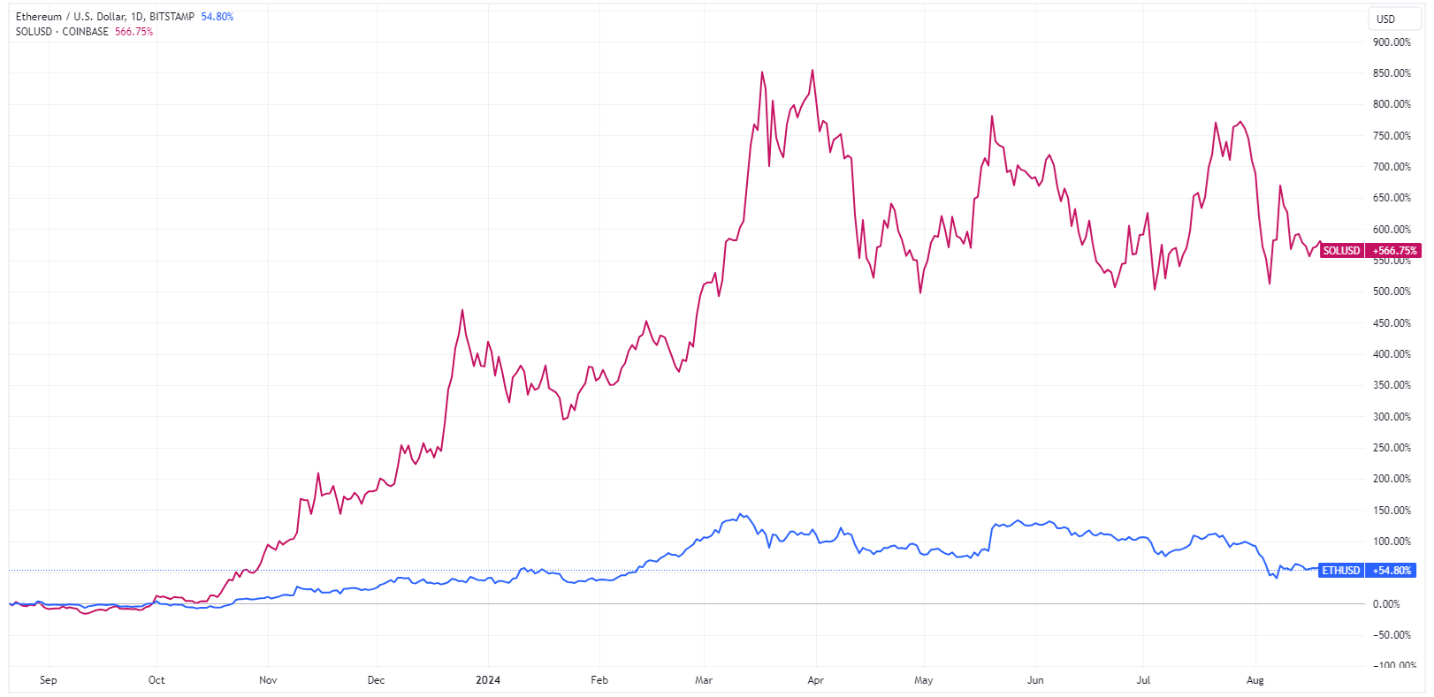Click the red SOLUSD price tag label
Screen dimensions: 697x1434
1341,251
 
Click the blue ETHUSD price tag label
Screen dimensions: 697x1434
1340,571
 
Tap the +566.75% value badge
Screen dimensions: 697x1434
1394,251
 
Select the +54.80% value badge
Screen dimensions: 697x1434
1392,571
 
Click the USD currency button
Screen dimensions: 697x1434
1385,19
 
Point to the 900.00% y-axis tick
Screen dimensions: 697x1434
1392,42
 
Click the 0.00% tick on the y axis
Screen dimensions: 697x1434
1386,604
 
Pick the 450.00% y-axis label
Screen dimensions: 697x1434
1392,323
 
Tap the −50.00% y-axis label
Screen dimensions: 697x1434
1392,635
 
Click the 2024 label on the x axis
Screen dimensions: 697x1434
488,680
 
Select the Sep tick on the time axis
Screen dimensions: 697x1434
49,680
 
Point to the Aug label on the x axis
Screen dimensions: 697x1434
1255,680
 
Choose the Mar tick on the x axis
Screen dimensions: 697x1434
704,680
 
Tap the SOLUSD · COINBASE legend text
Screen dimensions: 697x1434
62,32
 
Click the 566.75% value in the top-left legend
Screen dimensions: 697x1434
133,32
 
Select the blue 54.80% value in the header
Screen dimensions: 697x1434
217,17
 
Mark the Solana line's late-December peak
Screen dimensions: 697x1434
461,310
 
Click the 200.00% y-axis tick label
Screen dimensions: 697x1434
1392,479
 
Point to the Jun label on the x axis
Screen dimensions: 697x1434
1035,680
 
